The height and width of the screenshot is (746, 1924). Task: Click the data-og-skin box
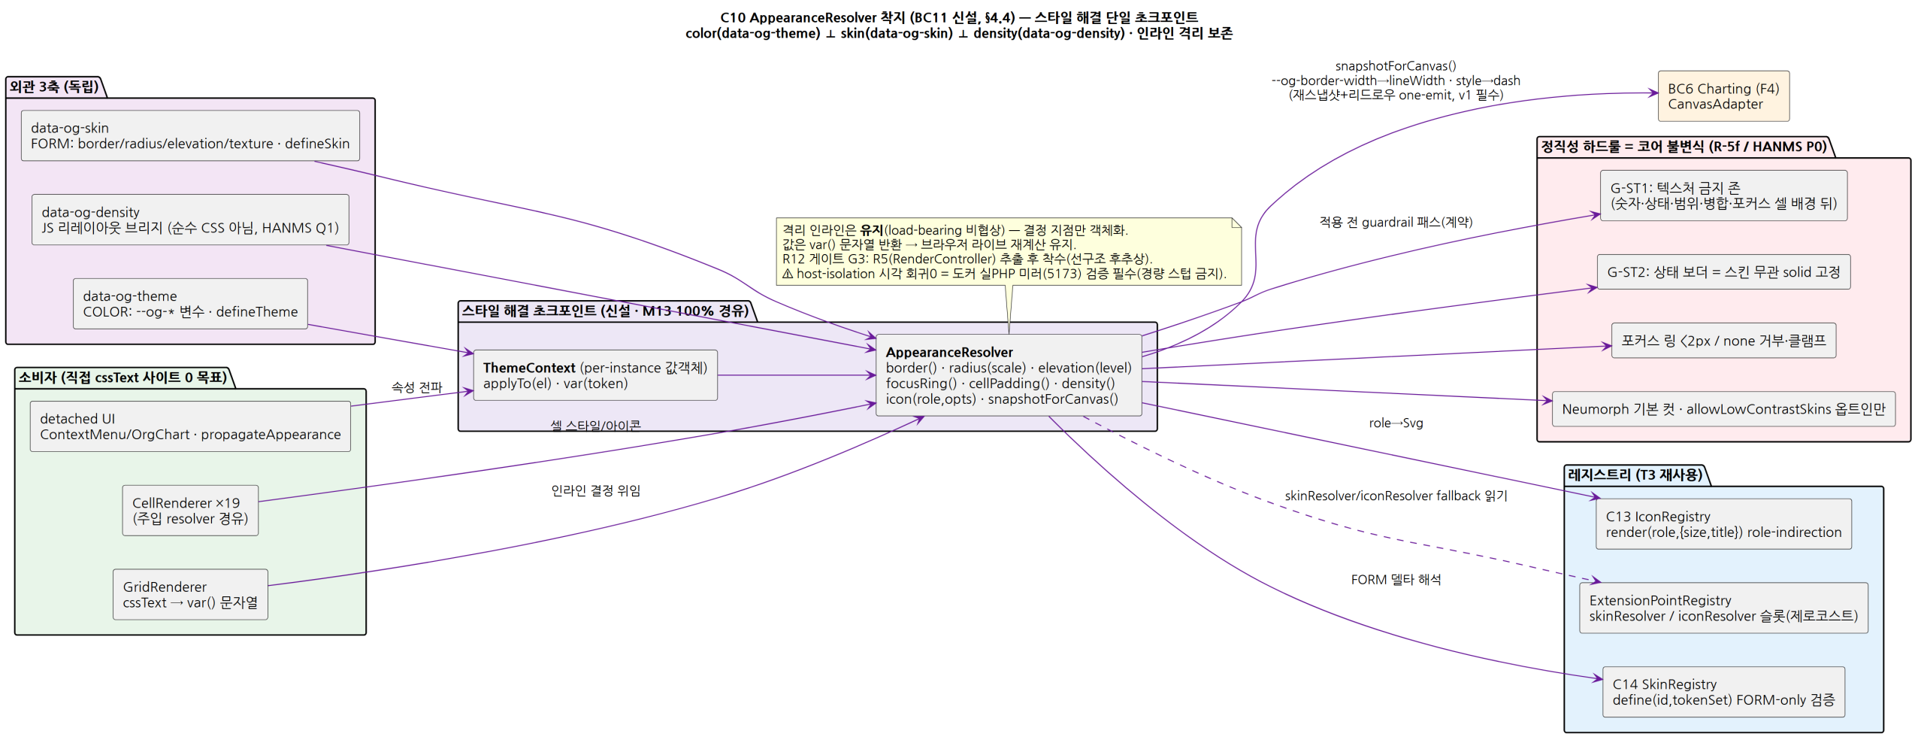pyautogui.click(x=190, y=135)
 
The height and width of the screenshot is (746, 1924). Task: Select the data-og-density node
pyautogui.click(x=190, y=220)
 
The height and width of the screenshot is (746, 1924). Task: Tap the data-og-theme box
pyautogui.click(x=190, y=304)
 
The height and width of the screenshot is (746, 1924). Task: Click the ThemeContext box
pyautogui.click(x=595, y=375)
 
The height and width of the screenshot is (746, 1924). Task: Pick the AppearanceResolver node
pyautogui.click(x=1009, y=375)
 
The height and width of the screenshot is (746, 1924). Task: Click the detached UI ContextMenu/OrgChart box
pyautogui.click(x=190, y=426)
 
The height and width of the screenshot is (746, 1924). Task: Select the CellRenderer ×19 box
pyautogui.click(x=190, y=511)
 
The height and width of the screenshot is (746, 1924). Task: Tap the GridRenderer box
pyautogui.click(x=190, y=595)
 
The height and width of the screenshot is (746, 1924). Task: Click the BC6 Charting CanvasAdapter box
pyautogui.click(x=1723, y=96)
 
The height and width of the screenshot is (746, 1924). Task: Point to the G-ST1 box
pyautogui.click(x=1723, y=196)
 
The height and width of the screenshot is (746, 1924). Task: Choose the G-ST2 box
pyautogui.click(x=1723, y=272)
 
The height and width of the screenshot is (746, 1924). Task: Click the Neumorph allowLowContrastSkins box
pyautogui.click(x=1723, y=409)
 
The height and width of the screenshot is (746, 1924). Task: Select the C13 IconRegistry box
pyautogui.click(x=1723, y=524)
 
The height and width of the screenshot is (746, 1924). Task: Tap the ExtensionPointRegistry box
pyautogui.click(x=1723, y=608)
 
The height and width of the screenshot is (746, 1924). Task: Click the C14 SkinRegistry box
pyautogui.click(x=1723, y=692)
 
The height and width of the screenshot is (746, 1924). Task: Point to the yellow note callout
pyautogui.click(x=1009, y=251)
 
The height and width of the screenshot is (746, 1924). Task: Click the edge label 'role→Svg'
pyautogui.click(x=1396, y=423)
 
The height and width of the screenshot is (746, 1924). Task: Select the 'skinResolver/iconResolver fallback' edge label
pyautogui.click(x=1396, y=496)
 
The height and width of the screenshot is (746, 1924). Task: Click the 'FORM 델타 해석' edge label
pyautogui.click(x=1396, y=580)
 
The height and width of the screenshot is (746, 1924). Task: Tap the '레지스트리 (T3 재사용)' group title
pyautogui.click(x=1635, y=475)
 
